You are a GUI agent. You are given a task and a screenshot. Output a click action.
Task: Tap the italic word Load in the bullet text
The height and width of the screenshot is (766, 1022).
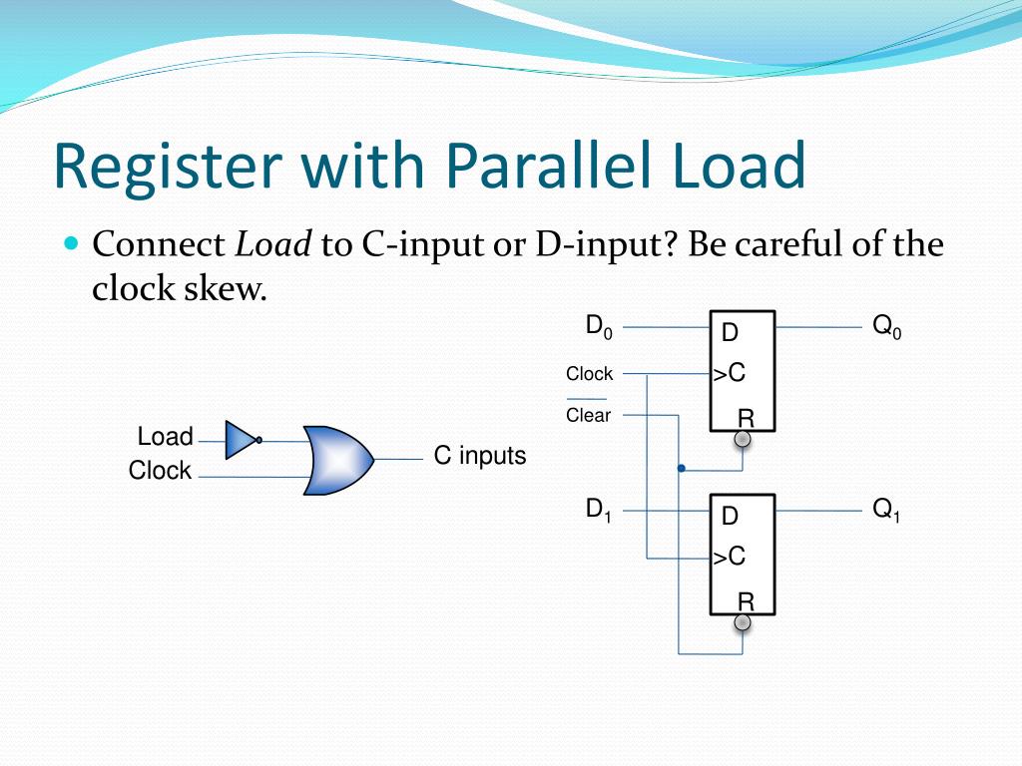coord(273,244)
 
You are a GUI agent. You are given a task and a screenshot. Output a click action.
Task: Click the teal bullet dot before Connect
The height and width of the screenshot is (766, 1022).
coord(70,243)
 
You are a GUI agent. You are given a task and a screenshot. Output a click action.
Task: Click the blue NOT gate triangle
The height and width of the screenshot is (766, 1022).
coord(241,439)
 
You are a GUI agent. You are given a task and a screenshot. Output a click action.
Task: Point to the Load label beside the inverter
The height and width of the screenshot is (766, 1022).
coord(165,437)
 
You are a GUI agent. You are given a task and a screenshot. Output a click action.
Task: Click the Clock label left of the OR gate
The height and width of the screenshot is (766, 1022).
coord(160,471)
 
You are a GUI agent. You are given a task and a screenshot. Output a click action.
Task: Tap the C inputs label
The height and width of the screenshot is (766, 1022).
coord(479,456)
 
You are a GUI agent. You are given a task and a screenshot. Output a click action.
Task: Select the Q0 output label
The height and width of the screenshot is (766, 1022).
coord(886,327)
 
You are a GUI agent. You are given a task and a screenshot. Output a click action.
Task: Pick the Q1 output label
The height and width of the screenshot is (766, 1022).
coord(886,511)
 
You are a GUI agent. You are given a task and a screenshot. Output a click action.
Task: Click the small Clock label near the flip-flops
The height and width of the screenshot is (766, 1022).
coord(589,374)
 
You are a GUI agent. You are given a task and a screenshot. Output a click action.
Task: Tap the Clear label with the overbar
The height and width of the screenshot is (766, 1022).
coord(588,415)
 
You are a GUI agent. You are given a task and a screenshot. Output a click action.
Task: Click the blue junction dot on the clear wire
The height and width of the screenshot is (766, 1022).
coord(681,468)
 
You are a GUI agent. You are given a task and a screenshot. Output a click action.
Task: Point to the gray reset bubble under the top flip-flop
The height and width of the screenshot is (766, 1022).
coord(743,439)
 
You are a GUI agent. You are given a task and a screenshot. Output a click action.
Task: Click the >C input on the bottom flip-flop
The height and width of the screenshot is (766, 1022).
coord(730,557)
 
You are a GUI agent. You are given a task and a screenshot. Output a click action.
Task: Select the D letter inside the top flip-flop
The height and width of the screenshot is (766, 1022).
coord(730,333)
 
